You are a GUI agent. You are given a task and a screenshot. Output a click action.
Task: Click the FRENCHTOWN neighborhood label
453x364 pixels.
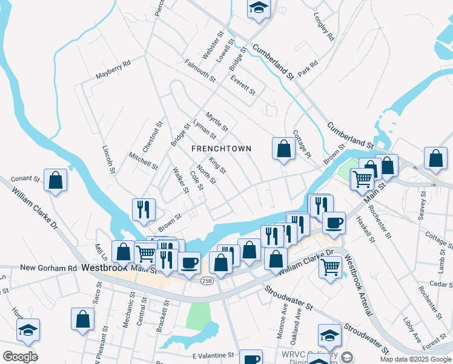point(221,149)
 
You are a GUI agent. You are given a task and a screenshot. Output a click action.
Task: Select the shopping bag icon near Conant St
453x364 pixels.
point(56,180)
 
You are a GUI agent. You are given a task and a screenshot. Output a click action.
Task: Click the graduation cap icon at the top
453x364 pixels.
point(259,8)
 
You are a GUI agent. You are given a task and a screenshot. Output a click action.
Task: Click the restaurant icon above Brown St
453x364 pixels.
point(144,210)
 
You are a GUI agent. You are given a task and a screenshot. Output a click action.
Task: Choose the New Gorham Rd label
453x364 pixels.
point(48,268)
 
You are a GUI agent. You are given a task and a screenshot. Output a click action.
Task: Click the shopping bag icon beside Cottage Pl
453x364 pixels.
point(283,149)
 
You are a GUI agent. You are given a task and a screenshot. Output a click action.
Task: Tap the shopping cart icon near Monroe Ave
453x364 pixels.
point(330,265)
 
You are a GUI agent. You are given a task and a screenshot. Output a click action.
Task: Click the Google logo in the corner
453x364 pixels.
point(20,356)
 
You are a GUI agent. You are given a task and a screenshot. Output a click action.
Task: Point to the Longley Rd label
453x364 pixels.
point(323,27)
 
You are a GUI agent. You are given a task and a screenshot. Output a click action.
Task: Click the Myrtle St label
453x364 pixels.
point(216,121)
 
